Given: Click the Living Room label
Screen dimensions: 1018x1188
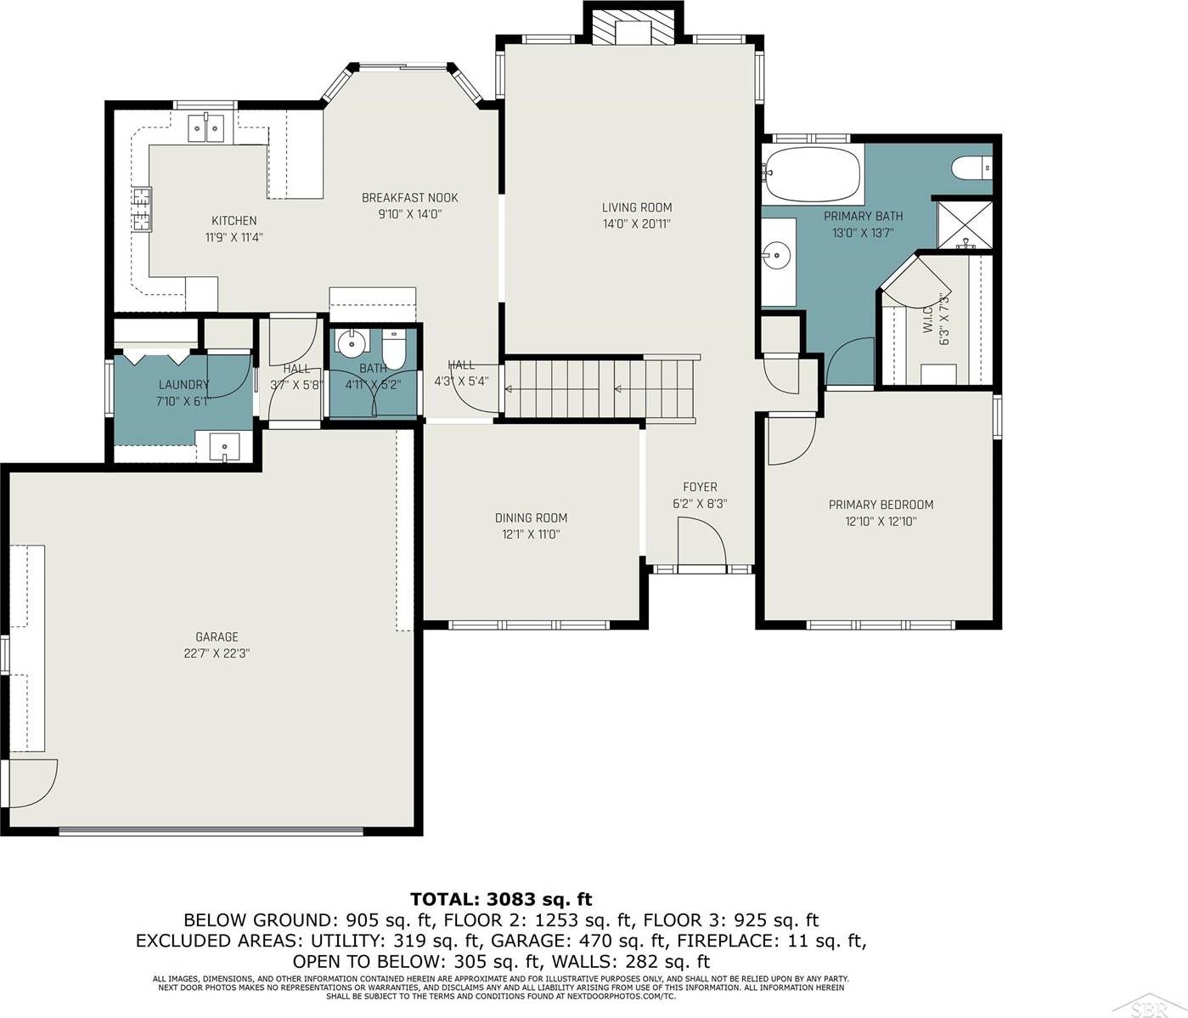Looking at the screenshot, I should coord(636,207).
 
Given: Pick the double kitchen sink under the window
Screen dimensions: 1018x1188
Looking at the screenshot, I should coord(206,129).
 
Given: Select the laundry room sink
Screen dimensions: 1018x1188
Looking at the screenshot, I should coord(225,445).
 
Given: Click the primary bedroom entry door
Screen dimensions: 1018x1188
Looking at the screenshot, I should coord(790,440).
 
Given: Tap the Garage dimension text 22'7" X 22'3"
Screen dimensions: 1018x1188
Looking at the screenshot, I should coord(217,653).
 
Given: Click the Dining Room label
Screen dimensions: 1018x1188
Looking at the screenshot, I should coord(531,517).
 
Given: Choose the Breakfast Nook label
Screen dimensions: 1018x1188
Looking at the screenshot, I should coord(409,198).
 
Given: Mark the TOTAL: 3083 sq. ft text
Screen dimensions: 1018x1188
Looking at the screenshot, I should coord(501,899).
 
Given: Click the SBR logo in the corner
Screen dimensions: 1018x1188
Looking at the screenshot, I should coord(1157,1003).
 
